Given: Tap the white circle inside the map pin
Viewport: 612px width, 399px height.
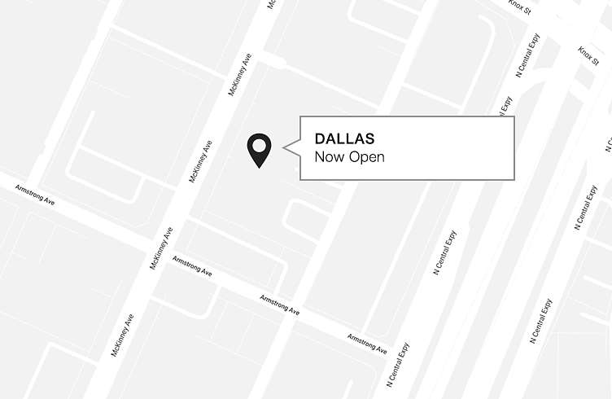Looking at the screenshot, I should click(259, 147).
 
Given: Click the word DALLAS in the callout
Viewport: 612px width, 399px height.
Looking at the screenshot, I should click(344, 138).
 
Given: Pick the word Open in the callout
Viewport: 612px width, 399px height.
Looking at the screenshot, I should click(366, 157).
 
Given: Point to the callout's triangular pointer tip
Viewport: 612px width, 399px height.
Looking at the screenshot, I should click(284, 147).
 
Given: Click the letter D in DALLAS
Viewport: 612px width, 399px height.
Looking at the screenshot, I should click(320, 138).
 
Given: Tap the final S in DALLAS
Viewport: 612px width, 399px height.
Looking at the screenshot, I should click(369, 138).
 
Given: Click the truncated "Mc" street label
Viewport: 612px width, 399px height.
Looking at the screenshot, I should click(271, 4).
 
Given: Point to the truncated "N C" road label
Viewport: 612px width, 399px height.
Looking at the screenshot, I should click(607, 142).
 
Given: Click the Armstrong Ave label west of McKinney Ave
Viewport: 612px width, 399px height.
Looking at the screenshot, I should click(36, 195).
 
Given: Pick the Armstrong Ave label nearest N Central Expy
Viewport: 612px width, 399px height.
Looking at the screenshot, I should click(366, 343).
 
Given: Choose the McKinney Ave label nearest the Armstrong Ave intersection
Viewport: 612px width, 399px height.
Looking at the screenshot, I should click(161, 248).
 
